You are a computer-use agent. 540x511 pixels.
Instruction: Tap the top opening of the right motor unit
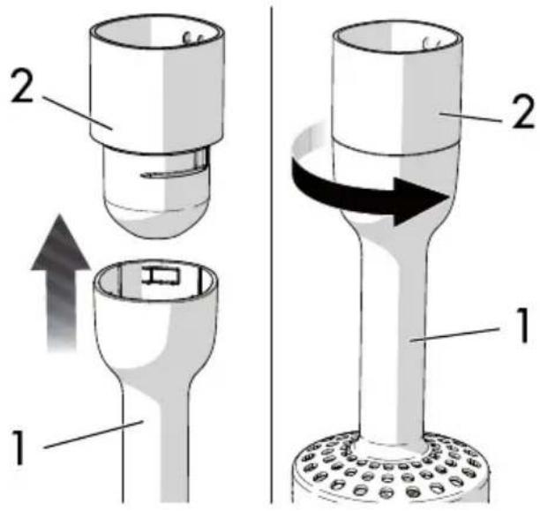pos(396,41)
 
